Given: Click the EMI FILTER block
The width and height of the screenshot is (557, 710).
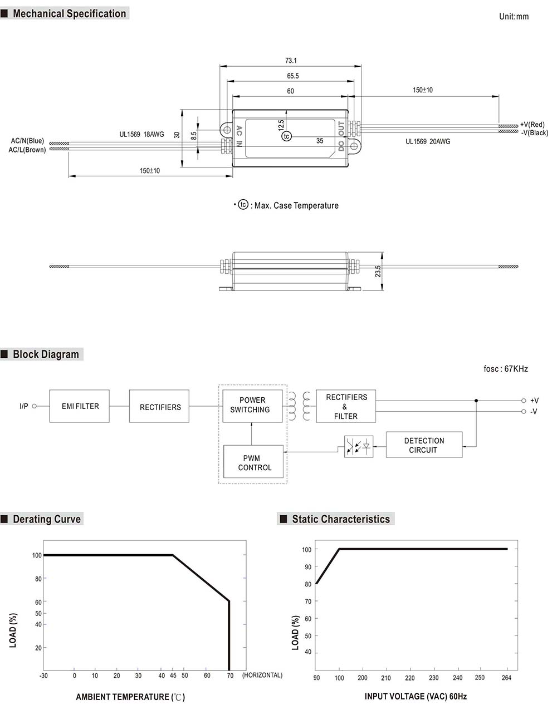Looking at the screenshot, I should [79, 406].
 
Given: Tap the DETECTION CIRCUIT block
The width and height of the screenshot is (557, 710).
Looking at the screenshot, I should [424, 445].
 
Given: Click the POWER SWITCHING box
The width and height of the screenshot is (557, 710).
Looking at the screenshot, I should [252, 405].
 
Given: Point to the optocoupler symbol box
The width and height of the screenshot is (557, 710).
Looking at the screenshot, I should [358, 446].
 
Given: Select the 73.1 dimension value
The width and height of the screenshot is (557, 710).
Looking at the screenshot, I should [291, 61].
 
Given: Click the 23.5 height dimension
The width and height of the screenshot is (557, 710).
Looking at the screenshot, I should [378, 271].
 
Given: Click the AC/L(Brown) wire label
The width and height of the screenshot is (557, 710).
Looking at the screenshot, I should [27, 150].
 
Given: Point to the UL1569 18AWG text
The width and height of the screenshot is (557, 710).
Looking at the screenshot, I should [141, 134].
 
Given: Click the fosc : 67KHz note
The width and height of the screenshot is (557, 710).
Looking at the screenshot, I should [505, 368].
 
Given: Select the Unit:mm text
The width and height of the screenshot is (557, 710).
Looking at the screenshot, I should [514, 17].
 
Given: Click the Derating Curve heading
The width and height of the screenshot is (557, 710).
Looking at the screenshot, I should [47, 519].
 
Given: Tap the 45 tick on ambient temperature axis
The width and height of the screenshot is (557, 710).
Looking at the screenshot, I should [173, 676].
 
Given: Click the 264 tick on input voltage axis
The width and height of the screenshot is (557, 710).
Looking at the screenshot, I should [506, 678].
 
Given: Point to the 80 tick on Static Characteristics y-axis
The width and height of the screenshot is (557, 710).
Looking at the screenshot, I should [307, 584].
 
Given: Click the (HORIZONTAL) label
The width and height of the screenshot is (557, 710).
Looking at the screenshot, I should [262, 675].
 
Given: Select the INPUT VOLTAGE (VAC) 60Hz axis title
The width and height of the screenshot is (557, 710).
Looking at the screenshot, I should [416, 697].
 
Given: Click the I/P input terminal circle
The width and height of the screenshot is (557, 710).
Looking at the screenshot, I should [34, 406].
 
